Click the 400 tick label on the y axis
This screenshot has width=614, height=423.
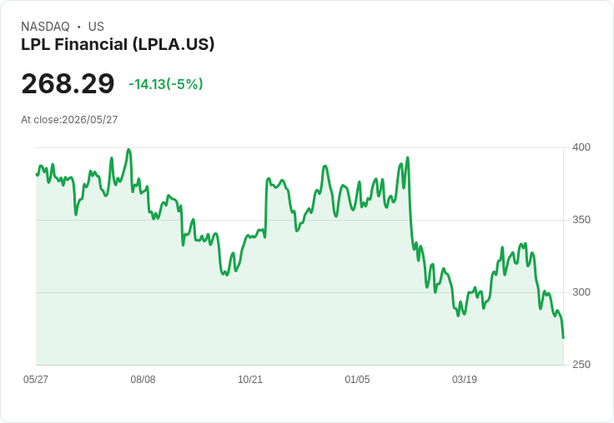tap(581, 147)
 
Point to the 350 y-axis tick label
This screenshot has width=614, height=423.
tap(581, 220)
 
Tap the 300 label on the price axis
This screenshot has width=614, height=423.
tap(581, 292)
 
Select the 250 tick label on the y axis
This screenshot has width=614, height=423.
tap(581, 365)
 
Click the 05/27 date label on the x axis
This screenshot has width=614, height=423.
tap(36, 379)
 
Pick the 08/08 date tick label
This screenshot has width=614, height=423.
tap(143, 379)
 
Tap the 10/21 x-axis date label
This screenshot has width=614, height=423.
tap(250, 379)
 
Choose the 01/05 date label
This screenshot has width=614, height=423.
tap(357, 379)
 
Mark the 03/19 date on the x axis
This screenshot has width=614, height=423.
tap(465, 379)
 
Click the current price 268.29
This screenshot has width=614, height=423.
tap(68, 83)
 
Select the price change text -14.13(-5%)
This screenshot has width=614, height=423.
tap(166, 84)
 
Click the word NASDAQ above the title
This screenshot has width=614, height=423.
tap(45, 26)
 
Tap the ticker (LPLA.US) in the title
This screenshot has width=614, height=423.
tap(174, 44)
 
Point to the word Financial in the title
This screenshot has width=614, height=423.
tap(91, 44)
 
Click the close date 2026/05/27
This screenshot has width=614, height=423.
tap(89, 120)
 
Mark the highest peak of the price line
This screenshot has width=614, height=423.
tap(128, 149)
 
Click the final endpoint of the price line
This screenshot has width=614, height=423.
tap(563, 338)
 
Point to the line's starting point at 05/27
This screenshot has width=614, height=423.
tap(37, 174)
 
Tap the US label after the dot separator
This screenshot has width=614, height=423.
tap(96, 26)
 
